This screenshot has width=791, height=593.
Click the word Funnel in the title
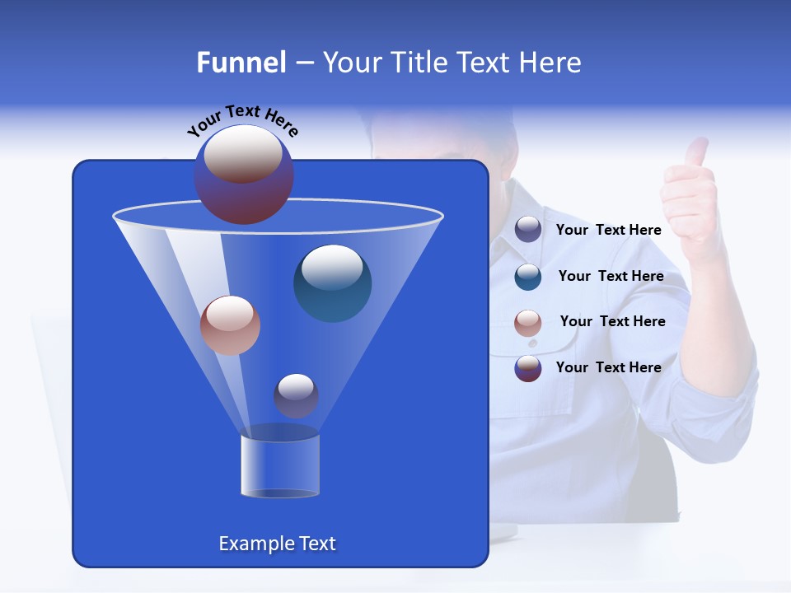click(x=241, y=63)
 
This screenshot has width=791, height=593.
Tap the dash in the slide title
click(x=303, y=63)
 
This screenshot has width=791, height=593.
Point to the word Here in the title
click(x=550, y=63)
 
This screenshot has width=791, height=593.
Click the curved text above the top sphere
click(x=242, y=120)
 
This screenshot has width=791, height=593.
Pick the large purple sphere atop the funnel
click(x=244, y=175)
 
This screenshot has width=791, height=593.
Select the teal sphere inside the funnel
click(x=333, y=282)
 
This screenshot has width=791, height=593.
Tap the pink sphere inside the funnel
click(x=230, y=325)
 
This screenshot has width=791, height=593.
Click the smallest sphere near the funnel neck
click(x=296, y=395)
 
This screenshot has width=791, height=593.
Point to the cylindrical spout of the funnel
click(x=280, y=465)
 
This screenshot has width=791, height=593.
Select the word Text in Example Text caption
click(x=317, y=544)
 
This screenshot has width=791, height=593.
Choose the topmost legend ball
click(x=528, y=230)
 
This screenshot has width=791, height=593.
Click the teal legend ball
click(x=528, y=276)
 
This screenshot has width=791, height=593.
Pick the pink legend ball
click(x=528, y=322)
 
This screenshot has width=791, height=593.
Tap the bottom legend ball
click(x=528, y=368)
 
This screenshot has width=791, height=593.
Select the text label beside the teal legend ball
click(x=611, y=276)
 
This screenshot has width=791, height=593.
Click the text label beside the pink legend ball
click(x=612, y=321)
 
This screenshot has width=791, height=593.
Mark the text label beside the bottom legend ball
click(x=608, y=367)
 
